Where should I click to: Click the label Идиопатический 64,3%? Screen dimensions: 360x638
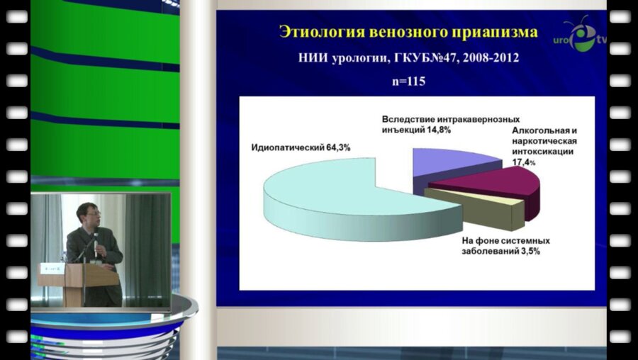click(x=301, y=147)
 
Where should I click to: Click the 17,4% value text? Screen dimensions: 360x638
click(x=523, y=162)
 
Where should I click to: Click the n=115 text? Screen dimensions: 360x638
click(x=408, y=81)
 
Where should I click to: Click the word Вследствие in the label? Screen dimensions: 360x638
click(x=405, y=118)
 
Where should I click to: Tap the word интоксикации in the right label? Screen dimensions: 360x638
click(x=543, y=152)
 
